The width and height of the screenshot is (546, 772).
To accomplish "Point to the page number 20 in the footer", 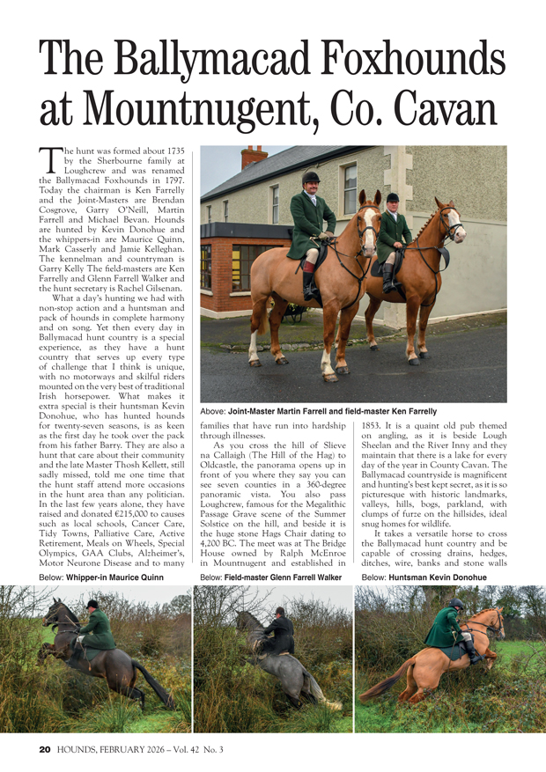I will [45, 750].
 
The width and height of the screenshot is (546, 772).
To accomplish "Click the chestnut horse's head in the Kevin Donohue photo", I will [486, 621].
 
